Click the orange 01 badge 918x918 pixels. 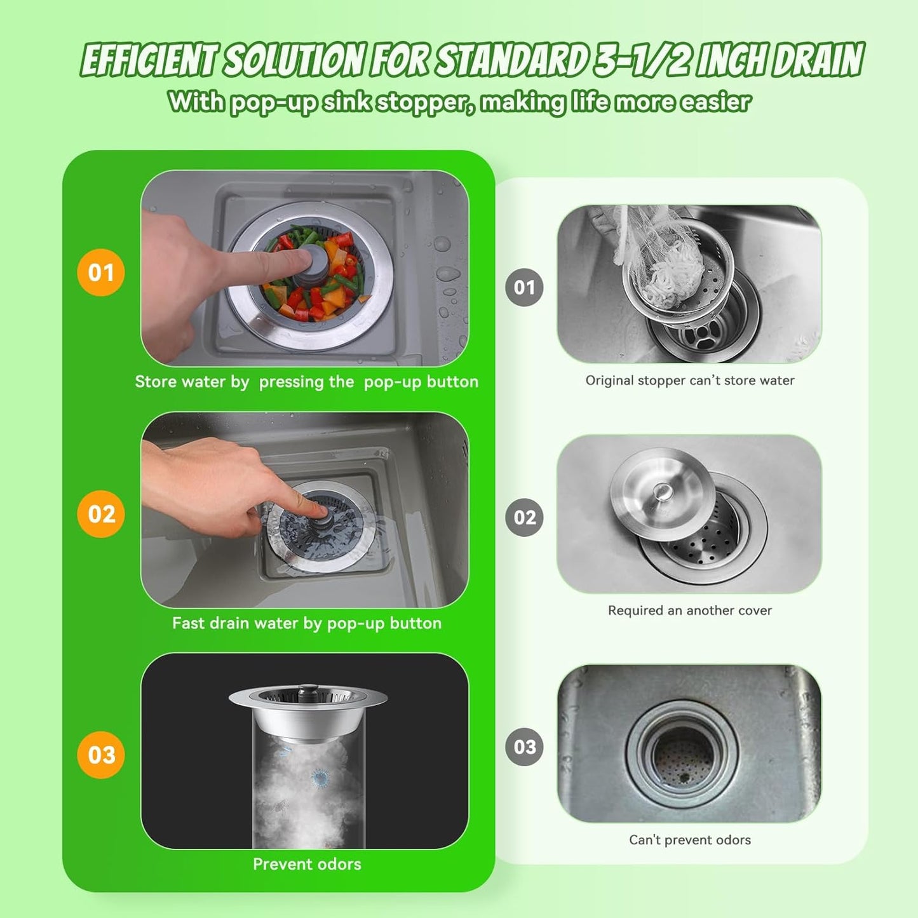(100, 273)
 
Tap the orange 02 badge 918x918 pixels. (100, 514)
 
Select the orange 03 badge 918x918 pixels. (100, 755)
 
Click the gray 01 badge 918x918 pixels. (524, 288)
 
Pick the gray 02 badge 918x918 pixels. (524, 517)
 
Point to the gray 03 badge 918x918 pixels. (524, 746)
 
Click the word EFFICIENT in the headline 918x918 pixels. (149, 61)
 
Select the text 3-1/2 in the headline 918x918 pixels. (642, 61)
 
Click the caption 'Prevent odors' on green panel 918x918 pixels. (307, 864)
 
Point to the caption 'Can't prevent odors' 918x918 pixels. (690, 840)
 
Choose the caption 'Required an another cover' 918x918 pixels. (690, 611)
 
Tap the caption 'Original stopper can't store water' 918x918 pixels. (690, 381)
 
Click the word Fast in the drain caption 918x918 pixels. (188, 623)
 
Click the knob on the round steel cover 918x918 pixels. (663, 490)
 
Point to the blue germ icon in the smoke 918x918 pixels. (320, 778)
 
